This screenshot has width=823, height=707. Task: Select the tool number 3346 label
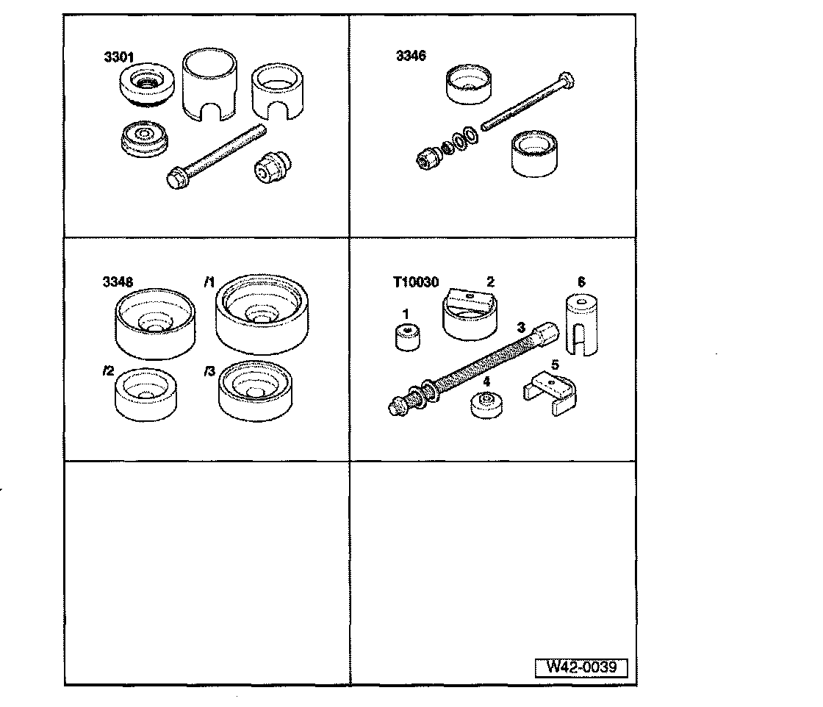409,56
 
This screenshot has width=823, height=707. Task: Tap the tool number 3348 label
118,281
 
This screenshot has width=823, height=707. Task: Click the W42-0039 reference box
586,667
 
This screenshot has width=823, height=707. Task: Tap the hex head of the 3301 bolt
176,179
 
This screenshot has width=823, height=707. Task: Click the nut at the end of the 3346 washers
425,157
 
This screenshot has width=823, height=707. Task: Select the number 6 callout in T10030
582,281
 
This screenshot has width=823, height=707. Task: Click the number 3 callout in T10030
520,326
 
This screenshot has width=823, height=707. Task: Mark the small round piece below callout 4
486,405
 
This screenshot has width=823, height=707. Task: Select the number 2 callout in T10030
490,281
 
